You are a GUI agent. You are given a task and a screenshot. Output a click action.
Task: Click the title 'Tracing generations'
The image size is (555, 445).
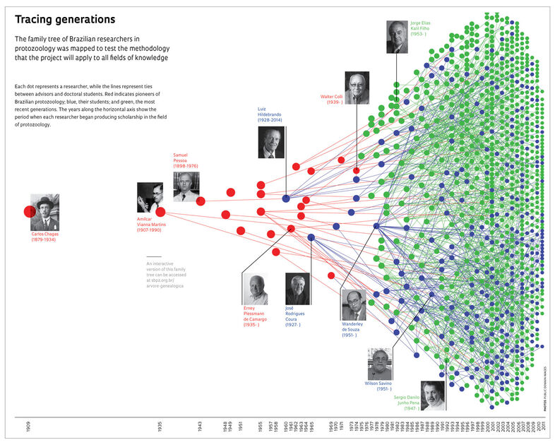[65, 20]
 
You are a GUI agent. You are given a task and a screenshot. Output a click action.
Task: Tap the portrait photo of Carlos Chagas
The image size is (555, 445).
[45, 212]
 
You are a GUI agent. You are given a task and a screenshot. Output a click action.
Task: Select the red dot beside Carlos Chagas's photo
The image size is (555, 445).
[30, 211]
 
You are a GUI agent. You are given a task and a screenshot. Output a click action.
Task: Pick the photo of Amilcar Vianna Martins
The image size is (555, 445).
[150, 197]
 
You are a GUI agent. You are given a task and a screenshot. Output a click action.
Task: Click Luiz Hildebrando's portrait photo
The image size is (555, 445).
[271, 142]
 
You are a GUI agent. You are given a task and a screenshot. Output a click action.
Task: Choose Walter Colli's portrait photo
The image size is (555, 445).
[357, 88]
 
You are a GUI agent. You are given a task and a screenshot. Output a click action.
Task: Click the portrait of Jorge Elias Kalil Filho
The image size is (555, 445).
[398, 37]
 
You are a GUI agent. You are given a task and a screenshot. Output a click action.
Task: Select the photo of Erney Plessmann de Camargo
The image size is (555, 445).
[254, 289]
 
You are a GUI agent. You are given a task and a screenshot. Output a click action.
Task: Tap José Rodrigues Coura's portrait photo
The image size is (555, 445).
[297, 288]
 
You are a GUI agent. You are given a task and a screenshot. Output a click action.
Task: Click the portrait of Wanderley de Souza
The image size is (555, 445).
[353, 304]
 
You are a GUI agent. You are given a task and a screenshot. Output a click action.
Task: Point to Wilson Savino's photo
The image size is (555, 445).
[379, 363]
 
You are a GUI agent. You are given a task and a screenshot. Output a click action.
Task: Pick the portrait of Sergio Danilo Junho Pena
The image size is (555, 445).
[433, 396]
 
